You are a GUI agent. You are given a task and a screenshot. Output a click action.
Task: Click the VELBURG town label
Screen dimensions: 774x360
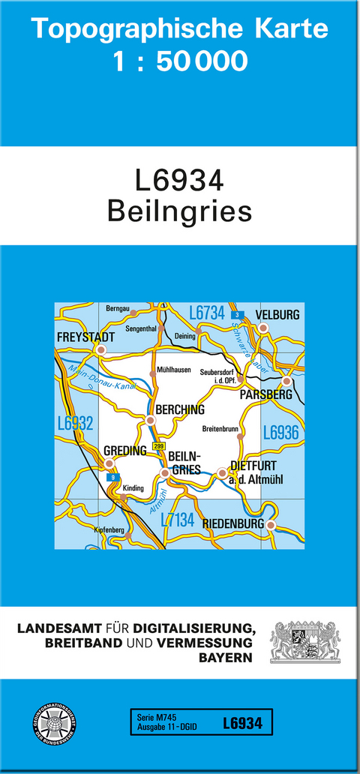(277, 314)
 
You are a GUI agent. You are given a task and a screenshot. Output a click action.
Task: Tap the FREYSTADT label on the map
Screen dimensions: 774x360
(85, 337)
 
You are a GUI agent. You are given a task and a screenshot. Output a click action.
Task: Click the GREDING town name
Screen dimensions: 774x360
(124, 451)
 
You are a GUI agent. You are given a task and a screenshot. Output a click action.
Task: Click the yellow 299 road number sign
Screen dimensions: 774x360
(158, 446)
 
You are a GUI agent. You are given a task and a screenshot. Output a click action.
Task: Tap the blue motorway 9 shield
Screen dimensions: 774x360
(113, 478)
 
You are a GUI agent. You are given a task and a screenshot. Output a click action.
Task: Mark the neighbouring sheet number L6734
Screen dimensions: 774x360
(207, 313)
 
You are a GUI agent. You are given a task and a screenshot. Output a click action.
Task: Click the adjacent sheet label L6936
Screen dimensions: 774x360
(281, 432)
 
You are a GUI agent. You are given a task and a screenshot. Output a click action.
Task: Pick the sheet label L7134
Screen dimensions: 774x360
(178, 520)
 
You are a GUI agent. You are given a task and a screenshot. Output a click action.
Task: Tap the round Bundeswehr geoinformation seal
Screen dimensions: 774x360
(49, 723)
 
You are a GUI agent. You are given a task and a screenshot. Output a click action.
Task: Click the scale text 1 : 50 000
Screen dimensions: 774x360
(179, 61)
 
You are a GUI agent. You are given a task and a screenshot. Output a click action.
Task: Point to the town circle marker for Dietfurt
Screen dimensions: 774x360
(221, 472)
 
